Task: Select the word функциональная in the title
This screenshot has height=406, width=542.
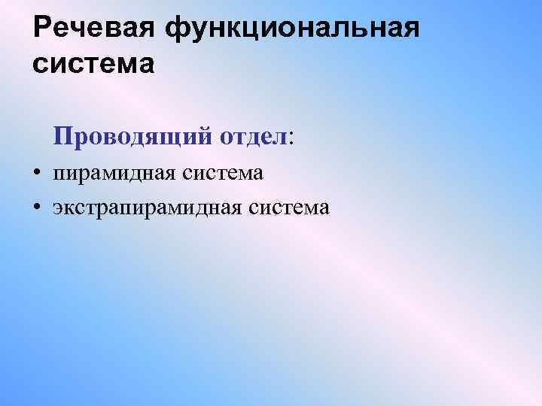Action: coord(290,28)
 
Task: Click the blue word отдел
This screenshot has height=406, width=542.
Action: coord(254,136)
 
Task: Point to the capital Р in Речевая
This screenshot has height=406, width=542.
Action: coord(44,28)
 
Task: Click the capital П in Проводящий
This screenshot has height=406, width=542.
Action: coord(63,136)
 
